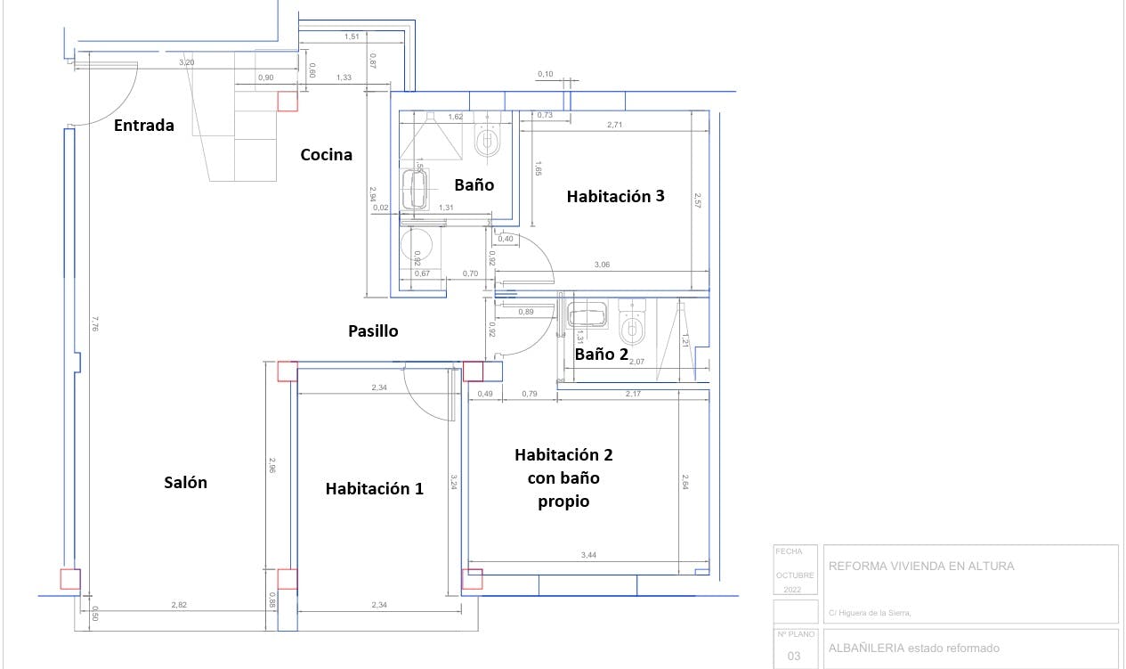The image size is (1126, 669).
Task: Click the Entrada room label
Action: point(144,126)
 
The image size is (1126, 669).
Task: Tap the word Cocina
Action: point(326,155)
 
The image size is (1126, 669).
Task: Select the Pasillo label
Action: point(373,331)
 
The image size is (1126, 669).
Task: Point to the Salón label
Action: point(185,483)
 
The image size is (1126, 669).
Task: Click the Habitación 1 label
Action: point(374,488)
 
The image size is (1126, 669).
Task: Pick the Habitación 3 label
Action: point(615,197)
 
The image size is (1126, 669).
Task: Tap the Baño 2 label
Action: point(601,355)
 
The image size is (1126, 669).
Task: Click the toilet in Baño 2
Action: point(633,325)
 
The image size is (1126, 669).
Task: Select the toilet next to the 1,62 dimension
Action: point(487,138)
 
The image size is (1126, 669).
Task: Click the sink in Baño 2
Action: point(587,316)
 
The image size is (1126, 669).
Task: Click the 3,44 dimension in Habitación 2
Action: point(588,556)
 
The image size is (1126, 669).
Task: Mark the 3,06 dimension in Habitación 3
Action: point(602,265)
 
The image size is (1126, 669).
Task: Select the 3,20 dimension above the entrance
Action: point(186,63)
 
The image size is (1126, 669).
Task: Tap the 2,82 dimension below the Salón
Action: point(179,605)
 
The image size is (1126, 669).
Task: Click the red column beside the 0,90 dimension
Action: point(288,102)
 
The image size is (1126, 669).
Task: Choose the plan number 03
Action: point(794,657)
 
